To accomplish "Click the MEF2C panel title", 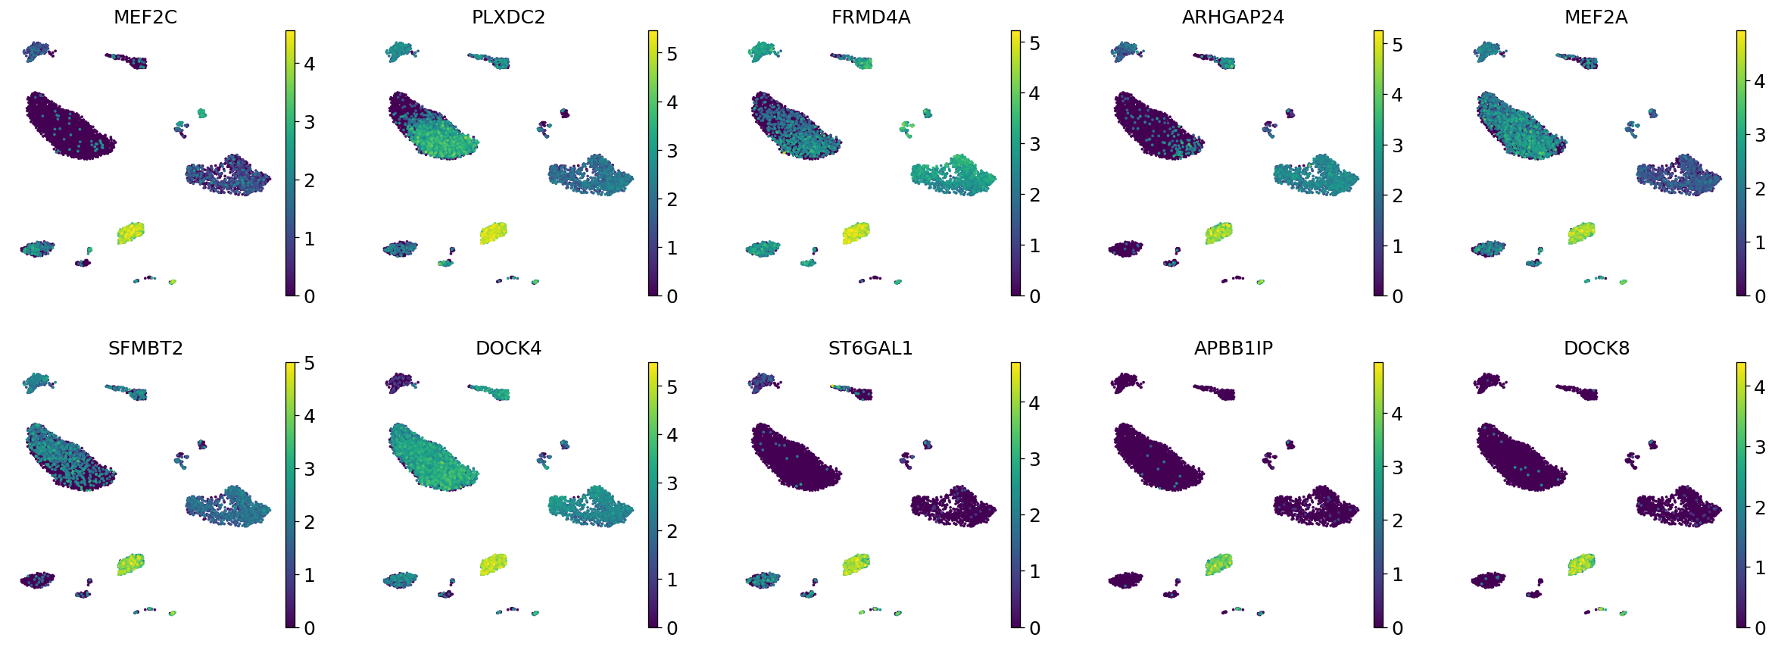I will [145, 17].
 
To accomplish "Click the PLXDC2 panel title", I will [508, 17].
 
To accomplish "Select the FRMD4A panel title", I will [871, 17].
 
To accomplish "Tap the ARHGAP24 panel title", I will [1233, 17].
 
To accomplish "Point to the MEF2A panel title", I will [1596, 17].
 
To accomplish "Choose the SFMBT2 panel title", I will [145, 349].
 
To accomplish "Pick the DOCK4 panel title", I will [508, 349].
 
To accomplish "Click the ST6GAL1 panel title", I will [871, 349].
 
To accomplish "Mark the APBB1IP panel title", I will [1233, 349].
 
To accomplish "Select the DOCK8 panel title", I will [1596, 349].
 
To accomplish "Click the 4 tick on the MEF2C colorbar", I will [309, 64].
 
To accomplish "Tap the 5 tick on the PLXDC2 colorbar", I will [672, 54].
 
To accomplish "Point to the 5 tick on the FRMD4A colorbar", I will [1034, 43].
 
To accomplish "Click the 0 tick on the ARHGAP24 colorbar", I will [1397, 296].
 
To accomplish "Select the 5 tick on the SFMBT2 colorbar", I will [309, 364].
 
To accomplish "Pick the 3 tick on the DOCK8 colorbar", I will [1760, 447].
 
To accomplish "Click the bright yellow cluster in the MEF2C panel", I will [130, 233].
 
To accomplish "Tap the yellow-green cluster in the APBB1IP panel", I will [1218, 564].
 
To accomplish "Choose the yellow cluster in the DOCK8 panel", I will [1581, 564].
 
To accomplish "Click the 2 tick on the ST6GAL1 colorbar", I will [1034, 515].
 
